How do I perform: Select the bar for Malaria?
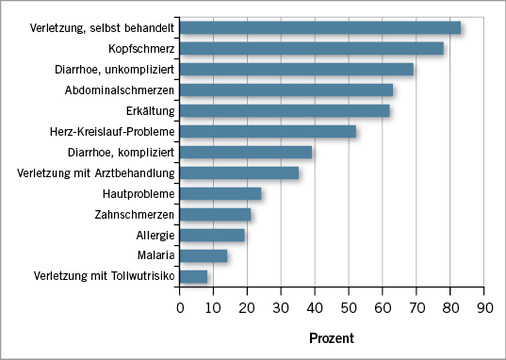click(x=204, y=256)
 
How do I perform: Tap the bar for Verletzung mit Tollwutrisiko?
click(x=194, y=276)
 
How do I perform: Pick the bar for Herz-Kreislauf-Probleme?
click(x=268, y=131)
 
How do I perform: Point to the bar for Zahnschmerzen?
click(x=216, y=214)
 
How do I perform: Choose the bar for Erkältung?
click(x=285, y=110)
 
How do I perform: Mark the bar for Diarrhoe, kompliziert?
click(x=246, y=152)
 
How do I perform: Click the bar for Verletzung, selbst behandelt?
click(x=320, y=27)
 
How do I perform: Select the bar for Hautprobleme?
click(x=221, y=193)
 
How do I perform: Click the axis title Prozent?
click(x=332, y=337)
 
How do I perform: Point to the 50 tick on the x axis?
click(x=349, y=291)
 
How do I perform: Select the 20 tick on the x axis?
click(x=248, y=291)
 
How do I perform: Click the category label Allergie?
click(x=155, y=235)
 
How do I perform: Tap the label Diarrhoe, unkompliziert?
click(x=114, y=69)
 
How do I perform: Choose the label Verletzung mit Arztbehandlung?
click(x=96, y=172)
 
